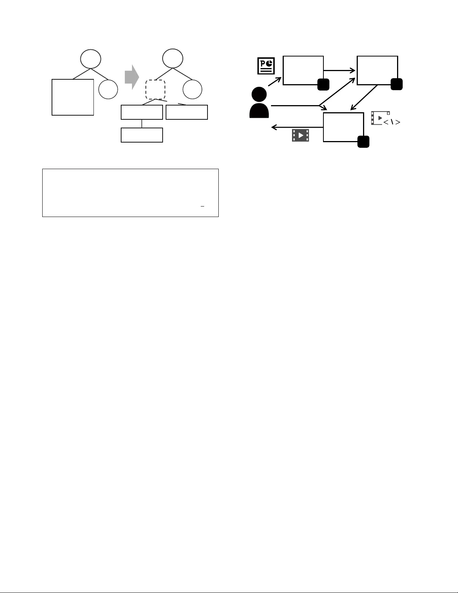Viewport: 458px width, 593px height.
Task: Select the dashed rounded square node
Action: coord(155,89)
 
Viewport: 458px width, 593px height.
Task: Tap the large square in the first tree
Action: coord(73,97)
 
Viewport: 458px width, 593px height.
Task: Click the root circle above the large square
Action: coord(90,59)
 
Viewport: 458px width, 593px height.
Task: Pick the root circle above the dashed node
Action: coord(173,59)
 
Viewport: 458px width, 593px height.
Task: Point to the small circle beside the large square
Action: coord(108,89)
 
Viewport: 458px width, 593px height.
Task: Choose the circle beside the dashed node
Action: coord(193,89)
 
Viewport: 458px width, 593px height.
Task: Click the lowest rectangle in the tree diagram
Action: coord(142,135)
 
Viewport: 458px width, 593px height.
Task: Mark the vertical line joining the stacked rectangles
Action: coord(142,123)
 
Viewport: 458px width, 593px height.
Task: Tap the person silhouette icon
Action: coord(259,103)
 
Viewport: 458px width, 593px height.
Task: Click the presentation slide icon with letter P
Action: coord(266,66)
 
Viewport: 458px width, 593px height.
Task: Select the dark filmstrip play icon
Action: coord(301,135)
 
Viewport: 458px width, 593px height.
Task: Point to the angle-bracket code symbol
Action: coord(392,122)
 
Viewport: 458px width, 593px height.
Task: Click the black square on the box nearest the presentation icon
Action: coord(323,85)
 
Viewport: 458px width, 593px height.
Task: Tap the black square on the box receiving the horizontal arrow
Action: coord(396,85)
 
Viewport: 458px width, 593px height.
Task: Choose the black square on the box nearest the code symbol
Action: coord(363,142)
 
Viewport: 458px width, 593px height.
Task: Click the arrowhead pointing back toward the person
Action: coord(274,128)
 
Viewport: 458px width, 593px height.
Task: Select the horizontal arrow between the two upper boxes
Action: coord(339,70)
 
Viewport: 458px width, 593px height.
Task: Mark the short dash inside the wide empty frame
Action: coord(202,206)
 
